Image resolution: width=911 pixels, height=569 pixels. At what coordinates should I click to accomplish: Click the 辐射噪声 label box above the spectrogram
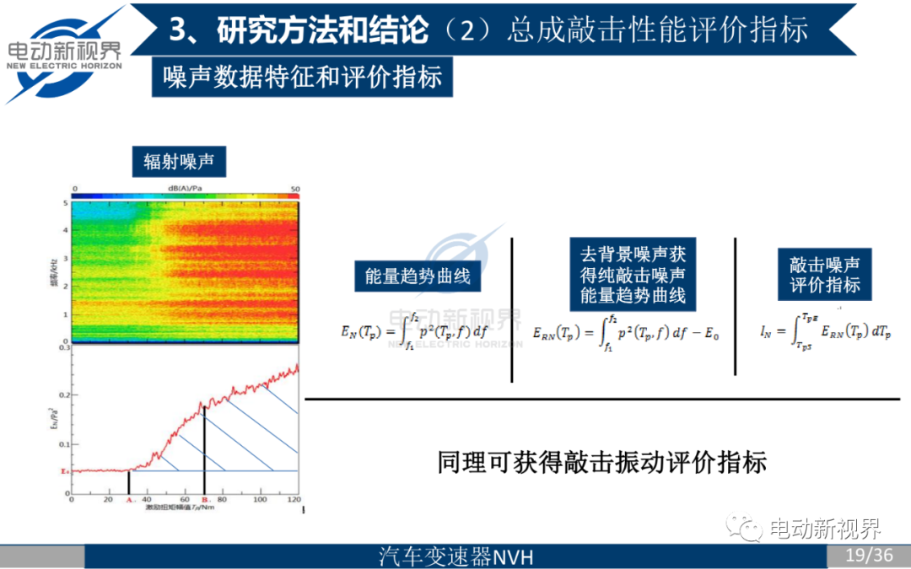pyautogui.click(x=179, y=162)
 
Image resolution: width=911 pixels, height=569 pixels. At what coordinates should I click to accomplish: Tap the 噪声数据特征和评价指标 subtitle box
pyautogui.click(x=303, y=78)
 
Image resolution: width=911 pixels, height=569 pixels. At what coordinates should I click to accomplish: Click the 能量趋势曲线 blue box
pyautogui.click(x=418, y=276)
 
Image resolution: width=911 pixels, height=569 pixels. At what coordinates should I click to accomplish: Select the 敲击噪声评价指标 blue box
pyautogui.click(x=825, y=274)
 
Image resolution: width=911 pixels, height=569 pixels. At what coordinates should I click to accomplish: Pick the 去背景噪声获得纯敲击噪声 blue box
pyautogui.click(x=632, y=274)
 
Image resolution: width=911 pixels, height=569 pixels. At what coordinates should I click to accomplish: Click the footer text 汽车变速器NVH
pyautogui.click(x=456, y=556)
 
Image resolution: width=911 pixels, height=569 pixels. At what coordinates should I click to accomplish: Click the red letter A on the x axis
pyautogui.click(x=129, y=500)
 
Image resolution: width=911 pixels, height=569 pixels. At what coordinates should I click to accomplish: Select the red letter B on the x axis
pyautogui.click(x=204, y=500)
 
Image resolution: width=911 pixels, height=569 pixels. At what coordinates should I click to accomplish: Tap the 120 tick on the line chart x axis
pyautogui.click(x=294, y=500)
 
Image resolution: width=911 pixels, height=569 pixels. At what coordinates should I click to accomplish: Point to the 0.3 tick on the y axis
pyautogui.click(x=63, y=346)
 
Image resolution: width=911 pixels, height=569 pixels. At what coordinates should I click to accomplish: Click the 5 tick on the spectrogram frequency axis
pyautogui.click(x=65, y=203)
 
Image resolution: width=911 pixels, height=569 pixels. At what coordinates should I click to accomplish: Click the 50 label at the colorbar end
pyautogui.click(x=294, y=188)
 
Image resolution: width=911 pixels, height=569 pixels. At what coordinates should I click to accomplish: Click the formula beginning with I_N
pyautogui.click(x=825, y=330)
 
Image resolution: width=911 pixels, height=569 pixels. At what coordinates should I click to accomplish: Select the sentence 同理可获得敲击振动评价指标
pyautogui.click(x=601, y=462)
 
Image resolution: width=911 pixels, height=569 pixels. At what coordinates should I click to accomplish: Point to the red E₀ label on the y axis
pyautogui.click(x=62, y=470)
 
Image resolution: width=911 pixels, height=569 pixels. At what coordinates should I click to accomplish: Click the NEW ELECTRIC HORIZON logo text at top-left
pyautogui.click(x=65, y=64)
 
